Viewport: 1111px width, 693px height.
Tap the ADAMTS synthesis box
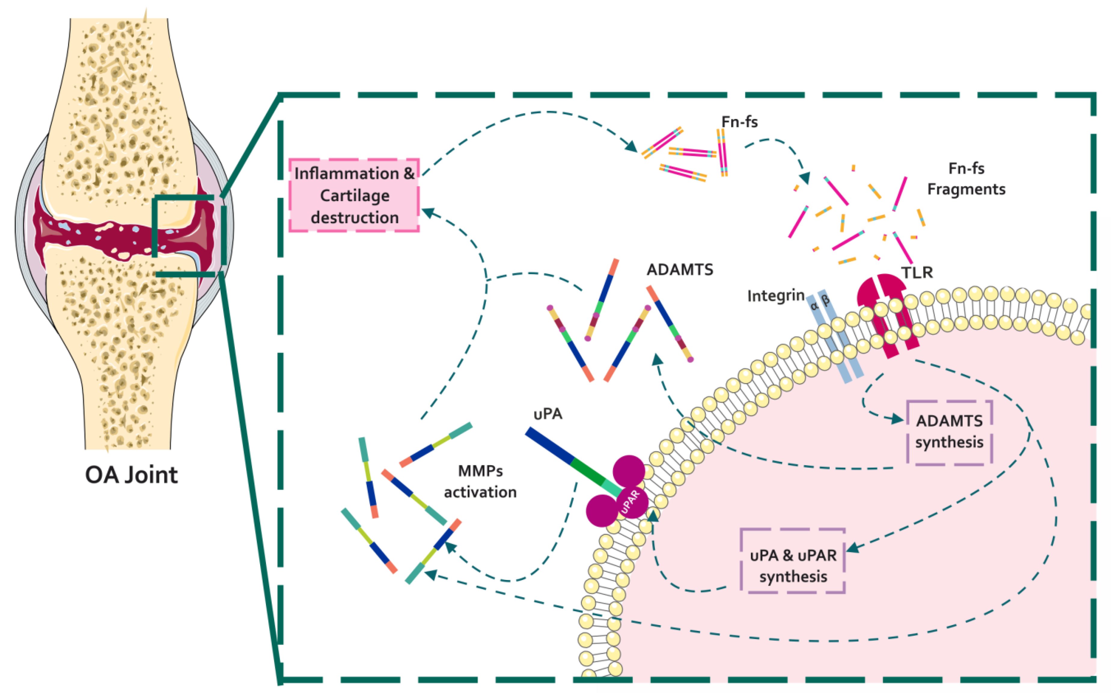[x=949, y=432]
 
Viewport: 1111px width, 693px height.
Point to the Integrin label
[x=776, y=296]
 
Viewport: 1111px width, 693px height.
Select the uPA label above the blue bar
[x=548, y=414]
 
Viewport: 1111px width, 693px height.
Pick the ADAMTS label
[x=680, y=270]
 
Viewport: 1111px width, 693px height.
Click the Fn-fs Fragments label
[x=966, y=179]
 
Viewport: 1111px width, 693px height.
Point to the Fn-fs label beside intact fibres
[x=739, y=122]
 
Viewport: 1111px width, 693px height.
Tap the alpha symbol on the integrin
[x=814, y=306]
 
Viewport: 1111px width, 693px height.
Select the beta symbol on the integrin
[x=826, y=301]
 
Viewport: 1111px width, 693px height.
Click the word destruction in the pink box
[x=355, y=217]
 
